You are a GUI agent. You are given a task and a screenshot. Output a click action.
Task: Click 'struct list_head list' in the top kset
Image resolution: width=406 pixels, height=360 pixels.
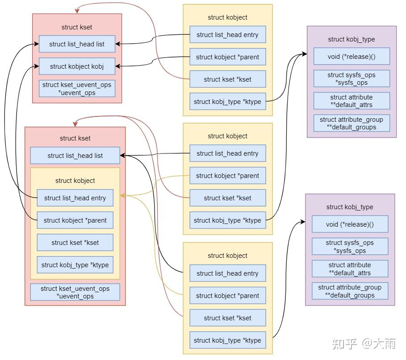pos(77,44)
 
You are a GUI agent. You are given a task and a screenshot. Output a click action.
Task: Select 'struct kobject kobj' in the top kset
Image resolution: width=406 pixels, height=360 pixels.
pos(77,66)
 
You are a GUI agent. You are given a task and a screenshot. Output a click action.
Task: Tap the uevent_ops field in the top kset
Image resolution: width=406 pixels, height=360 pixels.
pos(77,89)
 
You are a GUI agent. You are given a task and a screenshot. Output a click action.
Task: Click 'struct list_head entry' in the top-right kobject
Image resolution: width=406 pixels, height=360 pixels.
pos(227,35)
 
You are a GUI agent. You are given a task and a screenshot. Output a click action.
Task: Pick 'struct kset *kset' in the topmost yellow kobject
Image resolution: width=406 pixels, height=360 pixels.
pos(227,79)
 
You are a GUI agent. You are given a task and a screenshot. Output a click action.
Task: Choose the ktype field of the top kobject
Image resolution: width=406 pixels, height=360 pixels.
pos(227,102)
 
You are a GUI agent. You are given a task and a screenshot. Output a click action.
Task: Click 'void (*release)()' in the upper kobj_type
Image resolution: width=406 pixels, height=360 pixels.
pos(351,57)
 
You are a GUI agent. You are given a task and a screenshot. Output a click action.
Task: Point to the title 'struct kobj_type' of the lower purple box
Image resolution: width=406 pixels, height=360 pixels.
pos(350,207)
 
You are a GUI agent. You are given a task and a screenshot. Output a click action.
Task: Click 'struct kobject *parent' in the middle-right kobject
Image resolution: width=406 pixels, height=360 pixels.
pos(227,176)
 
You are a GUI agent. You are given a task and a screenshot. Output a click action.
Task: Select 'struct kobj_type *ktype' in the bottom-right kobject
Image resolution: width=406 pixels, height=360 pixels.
pos(227,340)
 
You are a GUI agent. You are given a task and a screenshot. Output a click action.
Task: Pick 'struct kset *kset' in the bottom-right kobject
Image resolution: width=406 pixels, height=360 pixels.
pos(227,318)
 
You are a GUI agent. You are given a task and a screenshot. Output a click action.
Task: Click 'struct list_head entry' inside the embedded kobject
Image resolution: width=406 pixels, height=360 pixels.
pos(75,198)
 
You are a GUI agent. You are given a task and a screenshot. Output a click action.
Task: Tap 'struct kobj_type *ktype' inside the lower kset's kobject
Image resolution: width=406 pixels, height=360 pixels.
pos(75,265)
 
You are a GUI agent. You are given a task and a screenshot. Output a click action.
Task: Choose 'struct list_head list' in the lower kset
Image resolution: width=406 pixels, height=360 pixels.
pos(75,156)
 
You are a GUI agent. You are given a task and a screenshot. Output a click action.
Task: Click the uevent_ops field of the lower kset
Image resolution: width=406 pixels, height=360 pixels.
pos(75,292)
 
